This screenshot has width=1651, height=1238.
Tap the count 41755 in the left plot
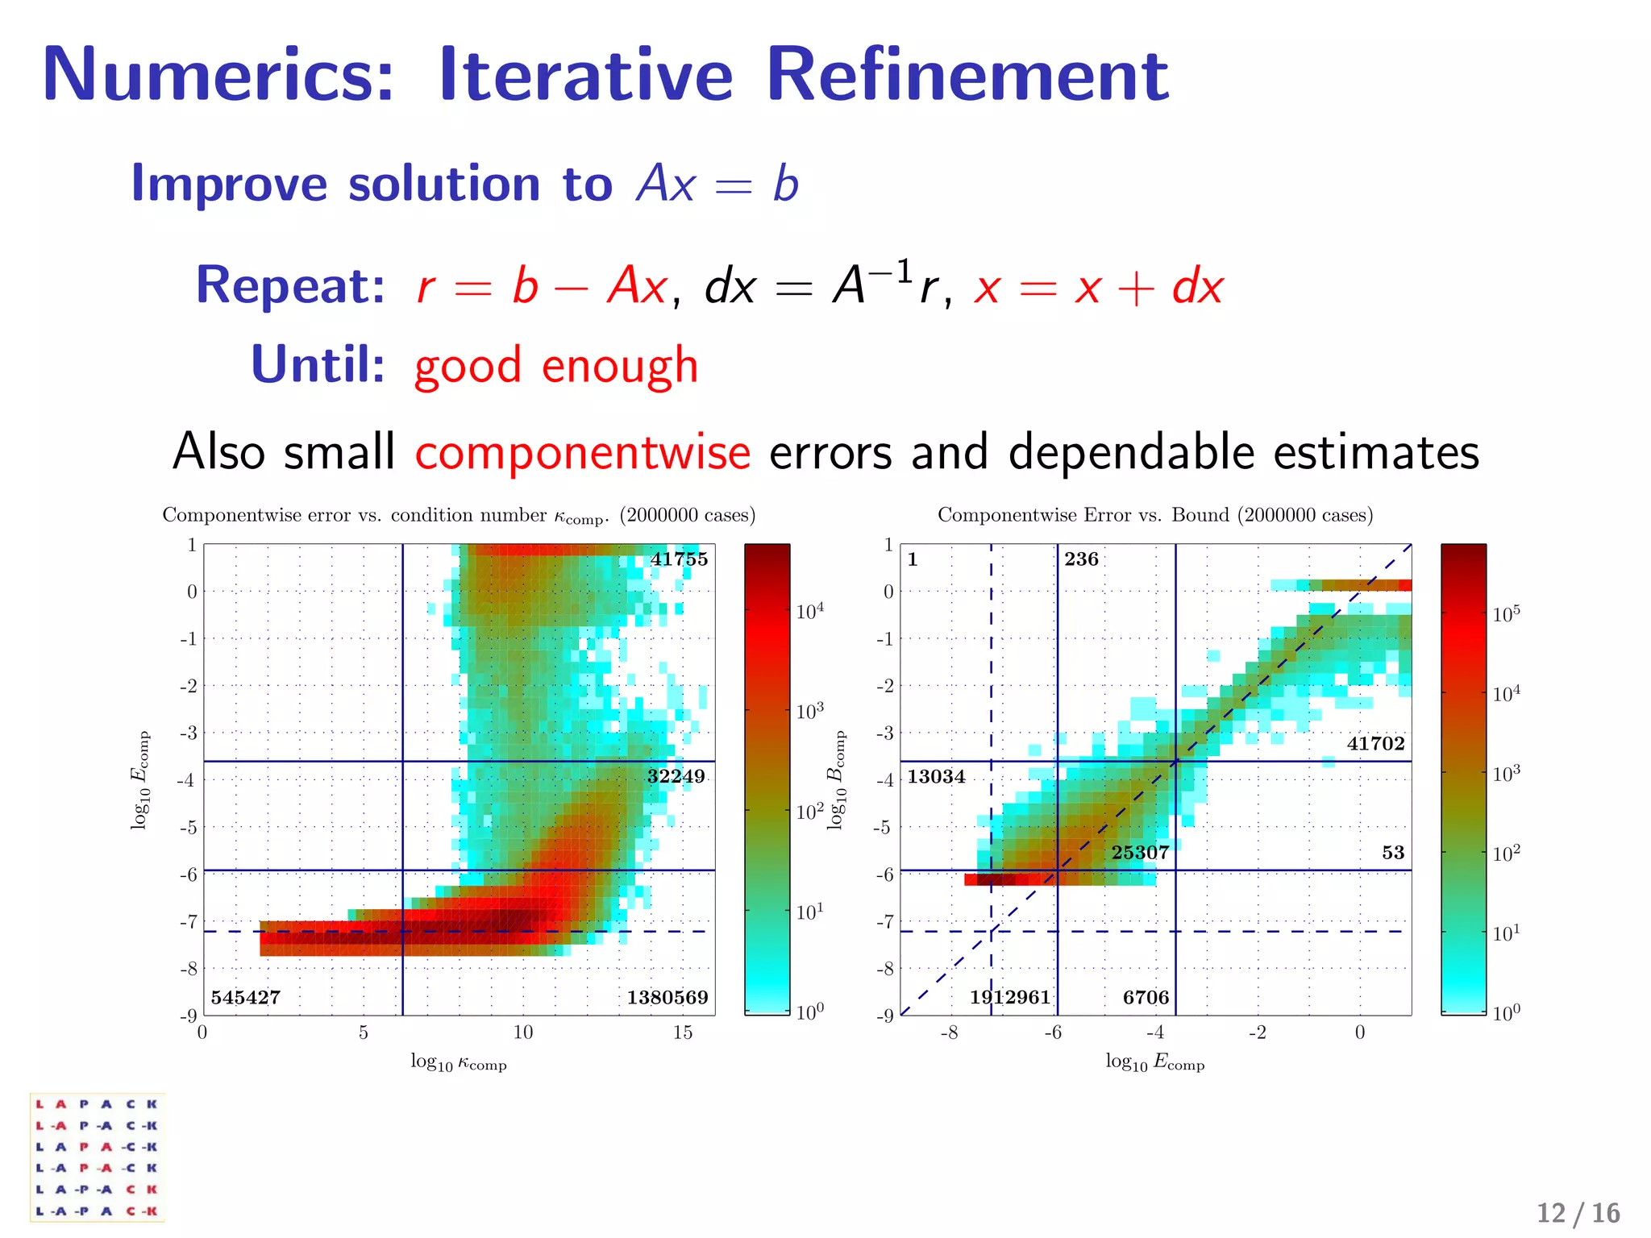(x=679, y=559)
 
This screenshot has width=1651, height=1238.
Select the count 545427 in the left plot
(x=246, y=998)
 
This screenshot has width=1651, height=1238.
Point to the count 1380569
(x=667, y=998)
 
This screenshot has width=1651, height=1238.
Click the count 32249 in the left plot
(x=676, y=776)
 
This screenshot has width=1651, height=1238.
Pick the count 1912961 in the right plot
(x=1010, y=998)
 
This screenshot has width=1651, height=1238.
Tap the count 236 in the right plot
(x=1081, y=559)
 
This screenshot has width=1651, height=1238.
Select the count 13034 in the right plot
(x=936, y=777)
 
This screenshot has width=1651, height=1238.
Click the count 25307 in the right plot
(x=1140, y=853)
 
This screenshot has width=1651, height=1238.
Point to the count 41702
(x=1375, y=744)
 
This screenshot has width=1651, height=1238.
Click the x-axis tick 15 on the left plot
(x=682, y=1033)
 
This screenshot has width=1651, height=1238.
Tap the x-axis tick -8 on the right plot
(x=949, y=1033)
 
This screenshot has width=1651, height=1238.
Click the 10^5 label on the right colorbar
(x=1506, y=615)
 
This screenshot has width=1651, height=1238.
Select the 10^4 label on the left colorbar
(x=810, y=612)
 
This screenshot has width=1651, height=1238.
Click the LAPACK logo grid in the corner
(x=97, y=1157)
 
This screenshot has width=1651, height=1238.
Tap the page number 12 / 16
(x=1578, y=1213)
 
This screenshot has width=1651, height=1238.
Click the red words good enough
(x=555, y=366)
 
